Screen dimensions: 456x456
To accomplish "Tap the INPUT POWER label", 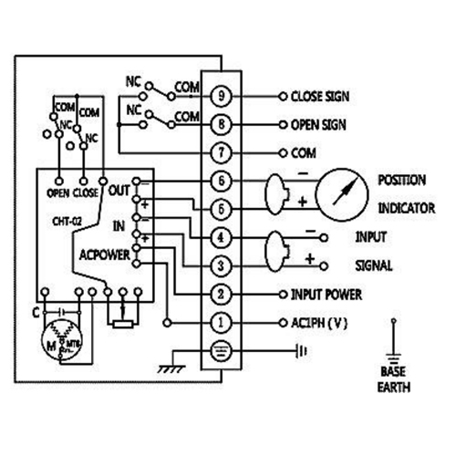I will tap(326, 294).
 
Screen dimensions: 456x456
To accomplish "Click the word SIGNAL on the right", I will tap(374, 265).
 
